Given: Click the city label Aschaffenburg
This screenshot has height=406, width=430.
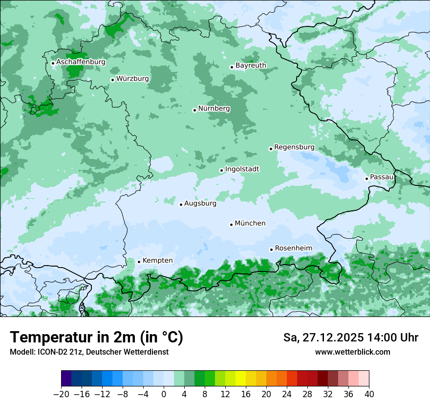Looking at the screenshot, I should [x=81, y=62].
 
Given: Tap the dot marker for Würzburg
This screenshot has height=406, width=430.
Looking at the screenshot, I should [x=112, y=80].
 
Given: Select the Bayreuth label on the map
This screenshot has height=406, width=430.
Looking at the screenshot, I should [x=251, y=65].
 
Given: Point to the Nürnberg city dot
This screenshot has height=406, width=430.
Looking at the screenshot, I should [x=194, y=110].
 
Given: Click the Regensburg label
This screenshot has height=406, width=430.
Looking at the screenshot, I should [x=294, y=147].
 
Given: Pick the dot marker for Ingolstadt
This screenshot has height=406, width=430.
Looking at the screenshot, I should [x=221, y=171].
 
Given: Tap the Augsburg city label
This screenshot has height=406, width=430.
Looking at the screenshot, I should [x=200, y=203].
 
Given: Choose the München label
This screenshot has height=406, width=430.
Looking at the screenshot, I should [x=250, y=223].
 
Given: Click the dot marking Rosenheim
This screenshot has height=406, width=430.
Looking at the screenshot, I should [x=271, y=249].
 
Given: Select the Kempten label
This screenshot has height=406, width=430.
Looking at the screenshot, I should [x=157, y=260].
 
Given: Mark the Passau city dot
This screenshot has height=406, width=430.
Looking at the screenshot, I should [x=366, y=179].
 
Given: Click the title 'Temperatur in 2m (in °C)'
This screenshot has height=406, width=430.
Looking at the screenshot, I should [x=96, y=337].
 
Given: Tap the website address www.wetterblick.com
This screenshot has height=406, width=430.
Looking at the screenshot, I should [x=352, y=352].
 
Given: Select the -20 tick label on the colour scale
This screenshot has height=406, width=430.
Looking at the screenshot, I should [x=61, y=394].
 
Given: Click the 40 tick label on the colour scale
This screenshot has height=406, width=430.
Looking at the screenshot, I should [x=369, y=394].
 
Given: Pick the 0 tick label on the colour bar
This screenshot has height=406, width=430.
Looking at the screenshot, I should [x=164, y=394].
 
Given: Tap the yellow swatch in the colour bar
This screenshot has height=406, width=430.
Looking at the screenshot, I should [x=240, y=379].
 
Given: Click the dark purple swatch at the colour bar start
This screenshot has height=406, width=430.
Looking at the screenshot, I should [x=66, y=379].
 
